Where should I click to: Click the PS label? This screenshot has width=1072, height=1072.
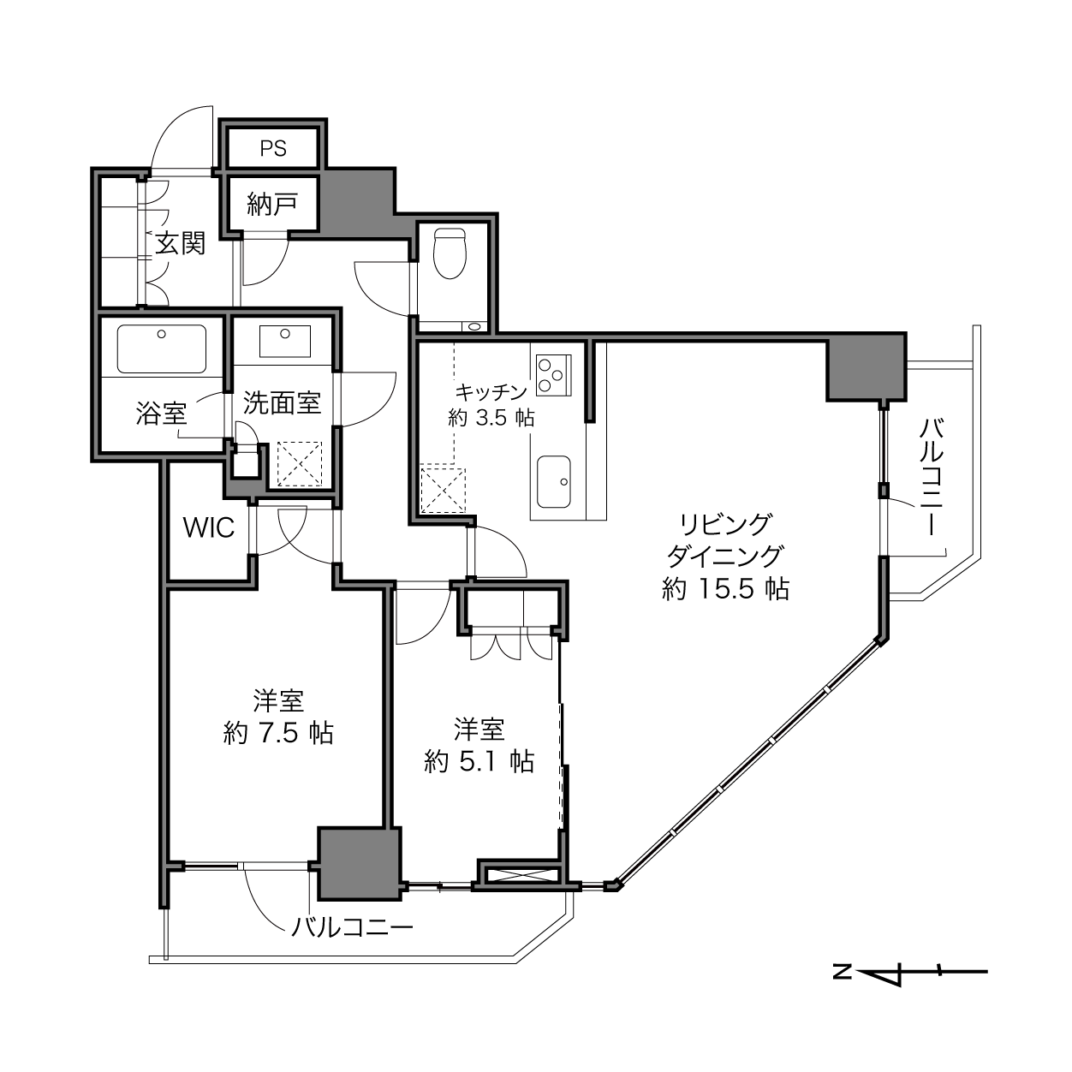pyautogui.click(x=273, y=148)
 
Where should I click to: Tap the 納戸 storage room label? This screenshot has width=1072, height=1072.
pyautogui.click(x=272, y=204)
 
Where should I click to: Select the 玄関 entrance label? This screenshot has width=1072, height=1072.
pyautogui.click(x=181, y=243)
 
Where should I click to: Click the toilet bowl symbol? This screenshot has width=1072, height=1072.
pyautogui.click(x=450, y=253)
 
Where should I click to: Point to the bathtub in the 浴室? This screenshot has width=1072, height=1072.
pyautogui.click(x=161, y=348)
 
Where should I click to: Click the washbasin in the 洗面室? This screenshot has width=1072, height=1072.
pyautogui.click(x=285, y=341)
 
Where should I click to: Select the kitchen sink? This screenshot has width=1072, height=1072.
pyautogui.click(x=553, y=482)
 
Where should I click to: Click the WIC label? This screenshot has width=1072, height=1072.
pyautogui.click(x=209, y=527)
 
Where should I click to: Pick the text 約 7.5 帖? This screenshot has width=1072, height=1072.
pyautogui.click(x=278, y=733)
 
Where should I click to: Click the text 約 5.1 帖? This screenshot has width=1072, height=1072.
pyautogui.click(x=479, y=761)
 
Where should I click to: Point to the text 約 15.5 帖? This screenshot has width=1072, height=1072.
pyautogui.click(x=725, y=588)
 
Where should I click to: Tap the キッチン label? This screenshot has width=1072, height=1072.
pyautogui.click(x=491, y=392)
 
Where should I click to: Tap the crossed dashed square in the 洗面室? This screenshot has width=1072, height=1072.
pyautogui.click(x=300, y=463)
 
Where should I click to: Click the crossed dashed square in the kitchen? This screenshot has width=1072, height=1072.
pyautogui.click(x=443, y=491)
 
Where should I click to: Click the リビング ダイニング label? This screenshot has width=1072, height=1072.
pyautogui.click(x=725, y=539)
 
